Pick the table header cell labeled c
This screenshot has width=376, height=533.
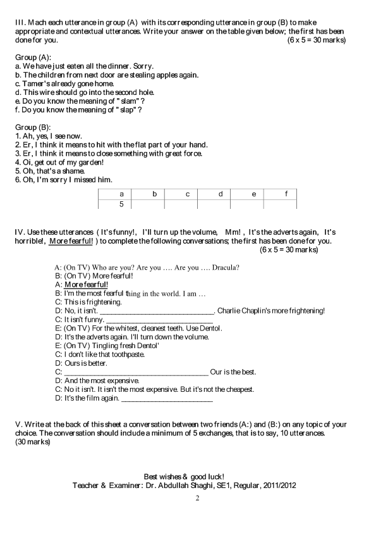[188, 194]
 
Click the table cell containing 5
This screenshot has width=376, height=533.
[121, 204]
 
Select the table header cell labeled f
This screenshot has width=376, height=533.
[286, 194]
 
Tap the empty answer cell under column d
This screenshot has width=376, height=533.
[221, 204]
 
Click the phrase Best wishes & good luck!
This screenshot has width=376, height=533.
[184, 476]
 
